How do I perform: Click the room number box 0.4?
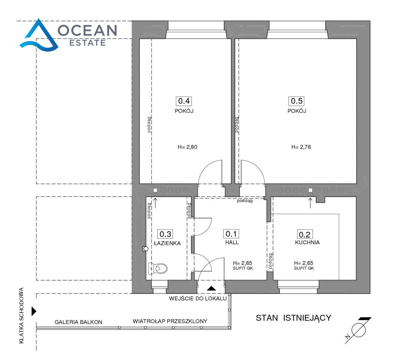[184, 101]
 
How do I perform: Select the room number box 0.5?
[296, 101]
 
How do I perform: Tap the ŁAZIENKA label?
[167, 243]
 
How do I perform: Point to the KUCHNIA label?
[307, 242]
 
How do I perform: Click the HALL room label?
[232, 242]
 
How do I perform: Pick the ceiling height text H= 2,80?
[188, 147]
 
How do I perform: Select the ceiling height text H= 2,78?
[301, 147]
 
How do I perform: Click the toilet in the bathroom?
[158, 269]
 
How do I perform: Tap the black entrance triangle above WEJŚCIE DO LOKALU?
[211, 288]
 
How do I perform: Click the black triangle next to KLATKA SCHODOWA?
[34, 311]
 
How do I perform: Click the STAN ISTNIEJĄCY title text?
[293, 318]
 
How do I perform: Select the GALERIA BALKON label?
[78, 322]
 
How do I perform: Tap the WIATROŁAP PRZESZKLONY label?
[170, 321]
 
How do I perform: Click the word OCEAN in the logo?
[87, 31]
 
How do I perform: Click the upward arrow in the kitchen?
[310, 203]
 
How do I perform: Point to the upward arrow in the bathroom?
[155, 203]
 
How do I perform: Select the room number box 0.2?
[305, 234]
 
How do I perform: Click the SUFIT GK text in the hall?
[243, 268]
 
